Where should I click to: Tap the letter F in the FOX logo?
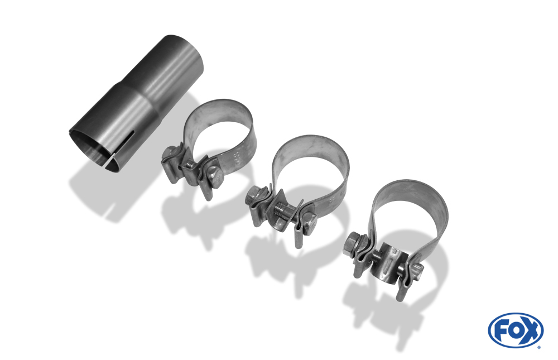[502, 331]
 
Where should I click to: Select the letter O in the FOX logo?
[516, 331]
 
